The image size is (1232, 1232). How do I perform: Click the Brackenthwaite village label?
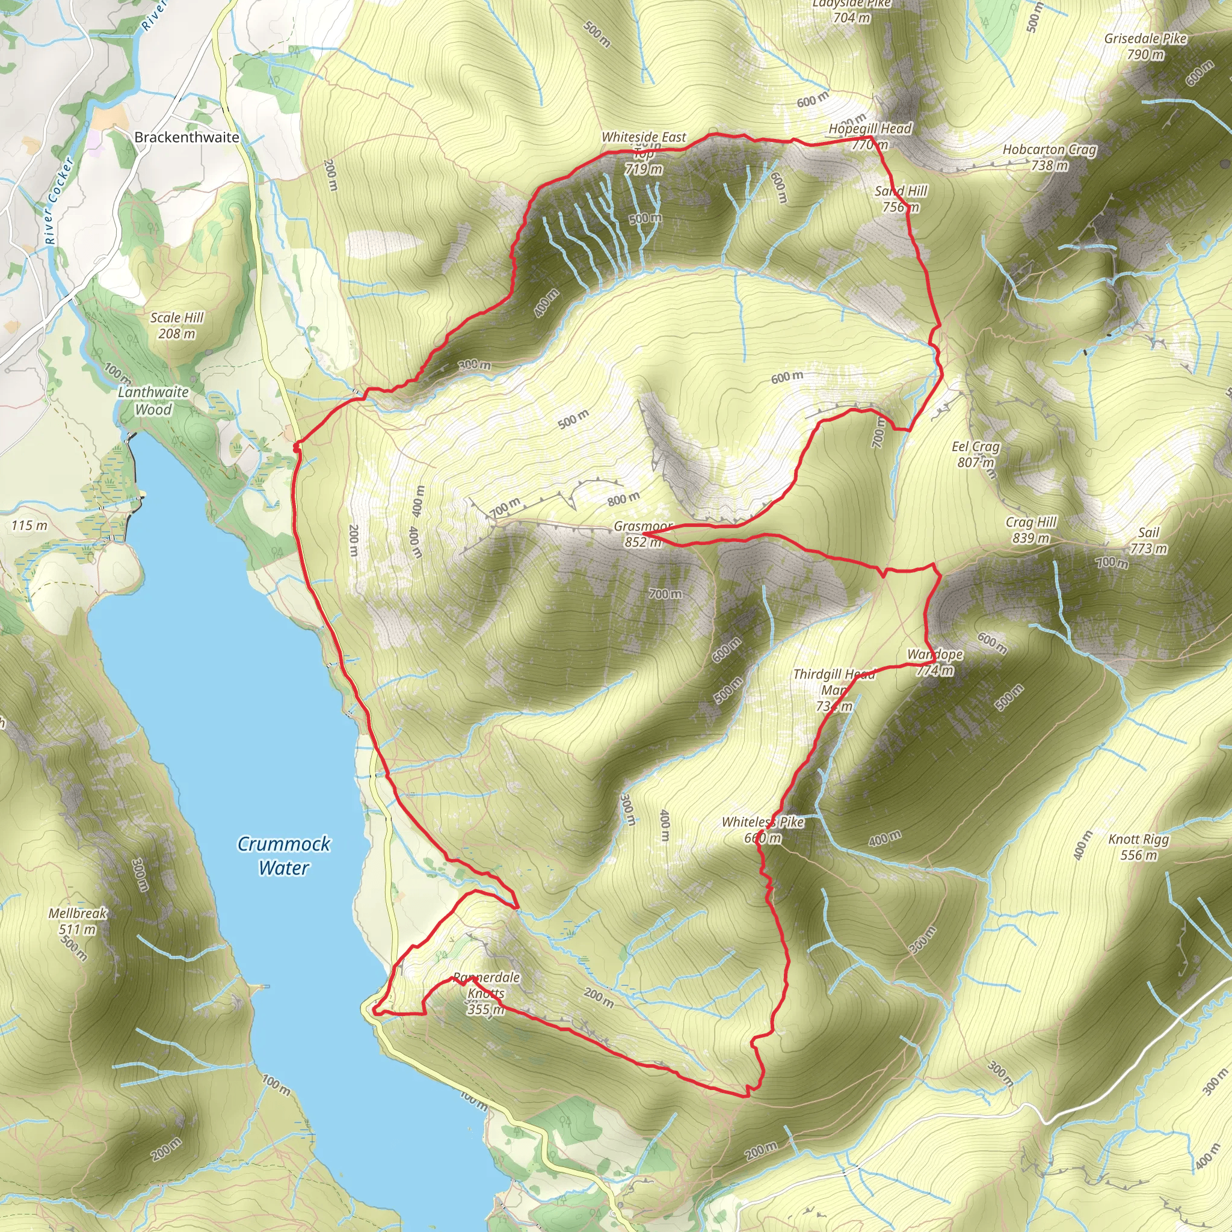186,137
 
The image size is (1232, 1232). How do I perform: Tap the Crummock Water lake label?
284,856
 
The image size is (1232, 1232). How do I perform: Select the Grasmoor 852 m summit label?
643,534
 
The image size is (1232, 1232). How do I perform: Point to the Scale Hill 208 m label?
177,325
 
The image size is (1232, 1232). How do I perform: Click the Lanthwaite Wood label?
153,401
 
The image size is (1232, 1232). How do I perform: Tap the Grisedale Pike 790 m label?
1145,46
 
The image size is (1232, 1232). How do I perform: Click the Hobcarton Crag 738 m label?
1050,157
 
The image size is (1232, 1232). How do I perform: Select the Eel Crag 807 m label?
976,454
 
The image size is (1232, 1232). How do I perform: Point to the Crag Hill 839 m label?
1031,530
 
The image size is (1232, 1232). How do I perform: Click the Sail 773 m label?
1148,540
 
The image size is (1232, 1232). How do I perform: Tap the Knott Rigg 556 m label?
1138,847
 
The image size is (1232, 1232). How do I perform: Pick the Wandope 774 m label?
935,662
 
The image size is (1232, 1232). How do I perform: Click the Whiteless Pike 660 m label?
763,830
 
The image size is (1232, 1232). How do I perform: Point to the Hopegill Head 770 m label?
870,136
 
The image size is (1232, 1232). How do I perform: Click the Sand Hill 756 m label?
901,199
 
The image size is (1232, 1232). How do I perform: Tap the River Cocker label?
60,201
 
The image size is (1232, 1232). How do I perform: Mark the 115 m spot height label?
29,525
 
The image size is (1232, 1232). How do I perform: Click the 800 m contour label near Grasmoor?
623,499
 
